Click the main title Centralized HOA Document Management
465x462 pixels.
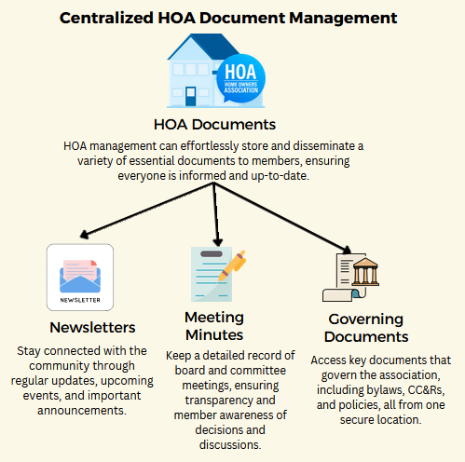coord(232,17)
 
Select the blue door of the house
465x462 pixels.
coord(191,94)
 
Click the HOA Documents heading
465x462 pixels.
coord(215,125)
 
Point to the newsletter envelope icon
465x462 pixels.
coord(79,275)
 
